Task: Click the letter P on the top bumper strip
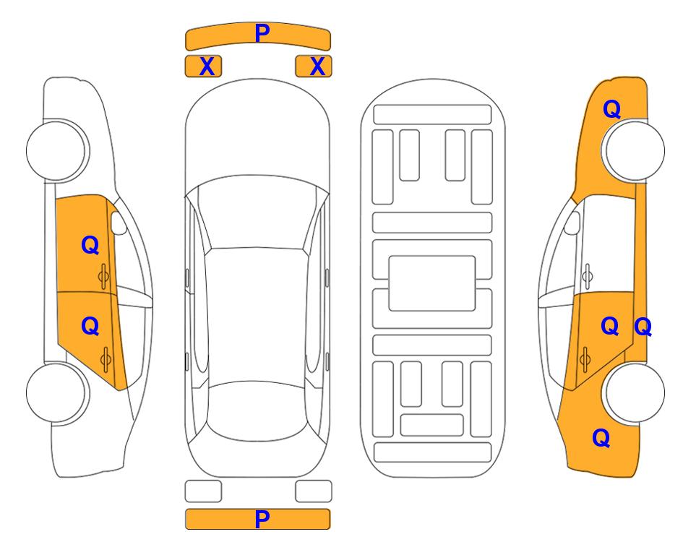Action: pyautogui.click(x=262, y=33)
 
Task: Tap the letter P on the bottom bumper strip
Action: pyautogui.click(x=262, y=519)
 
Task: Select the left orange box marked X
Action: pyautogui.click(x=203, y=66)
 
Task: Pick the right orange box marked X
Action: pyautogui.click(x=314, y=66)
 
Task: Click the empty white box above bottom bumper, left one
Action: pyautogui.click(x=203, y=491)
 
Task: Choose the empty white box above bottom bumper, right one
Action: pyautogui.click(x=314, y=491)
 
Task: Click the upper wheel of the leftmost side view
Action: pyautogui.click(x=56, y=150)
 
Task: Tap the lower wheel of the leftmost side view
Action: pyautogui.click(x=56, y=392)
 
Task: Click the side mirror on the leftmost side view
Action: pyautogui.click(x=118, y=223)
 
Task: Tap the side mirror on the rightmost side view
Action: pyautogui.click(x=572, y=223)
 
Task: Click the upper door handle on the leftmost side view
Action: pyautogui.click(x=104, y=276)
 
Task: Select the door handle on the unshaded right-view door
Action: pyautogui.click(x=588, y=276)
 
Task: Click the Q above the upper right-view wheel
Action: pyautogui.click(x=611, y=109)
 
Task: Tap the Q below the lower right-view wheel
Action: pyautogui.click(x=601, y=438)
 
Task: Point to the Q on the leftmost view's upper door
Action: pyautogui.click(x=90, y=245)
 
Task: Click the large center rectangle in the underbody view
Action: pyautogui.click(x=432, y=283)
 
